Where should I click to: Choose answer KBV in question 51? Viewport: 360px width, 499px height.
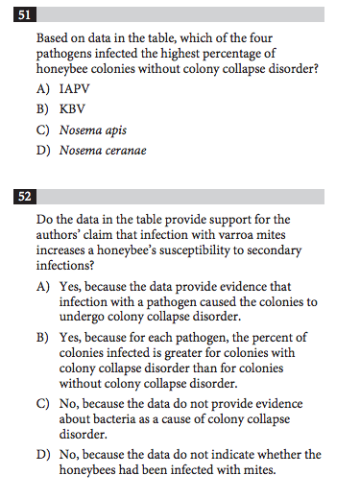tap(72, 109)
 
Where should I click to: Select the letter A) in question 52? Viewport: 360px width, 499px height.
tap(43, 286)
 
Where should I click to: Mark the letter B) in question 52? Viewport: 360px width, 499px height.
tap(43, 337)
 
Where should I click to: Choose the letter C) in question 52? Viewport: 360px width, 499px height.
tap(43, 403)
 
